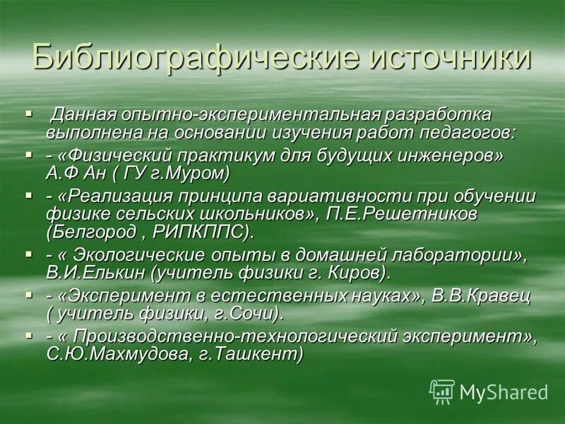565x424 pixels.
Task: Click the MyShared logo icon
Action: [442, 391]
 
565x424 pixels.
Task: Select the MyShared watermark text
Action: [504, 391]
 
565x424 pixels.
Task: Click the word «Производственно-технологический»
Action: [212, 335]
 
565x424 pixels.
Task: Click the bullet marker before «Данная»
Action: [29, 113]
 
